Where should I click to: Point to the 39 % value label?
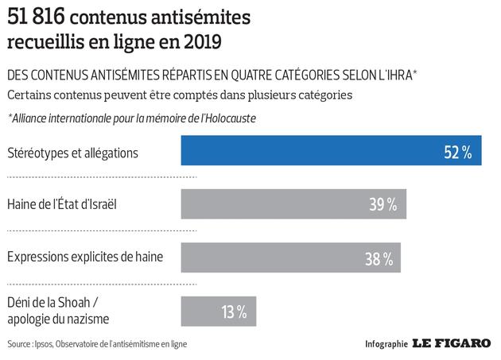click(x=383, y=204)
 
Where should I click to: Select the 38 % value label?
click(x=377, y=257)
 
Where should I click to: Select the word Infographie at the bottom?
click(x=386, y=345)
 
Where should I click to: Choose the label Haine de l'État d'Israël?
click(x=65, y=204)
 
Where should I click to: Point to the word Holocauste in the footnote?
click(x=235, y=118)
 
